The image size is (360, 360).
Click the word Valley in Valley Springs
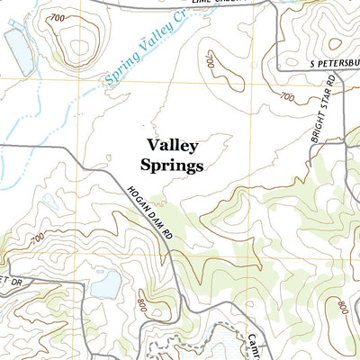coord(172,144)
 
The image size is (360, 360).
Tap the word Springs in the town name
coord(172,165)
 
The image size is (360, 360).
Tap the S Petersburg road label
coord(319,65)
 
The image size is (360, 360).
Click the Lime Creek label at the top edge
coord(239,4)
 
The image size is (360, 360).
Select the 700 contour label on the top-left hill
coord(58,18)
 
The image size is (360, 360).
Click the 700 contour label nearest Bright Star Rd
coord(288,97)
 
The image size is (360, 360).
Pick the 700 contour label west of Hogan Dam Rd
coord(36,238)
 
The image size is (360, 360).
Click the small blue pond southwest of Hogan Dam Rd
coord(105,285)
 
